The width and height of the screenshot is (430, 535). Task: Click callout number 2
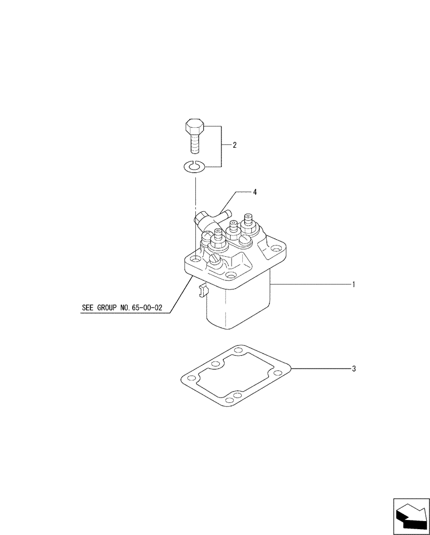234,145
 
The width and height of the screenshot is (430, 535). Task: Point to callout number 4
255,192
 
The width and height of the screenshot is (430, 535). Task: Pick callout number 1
354,284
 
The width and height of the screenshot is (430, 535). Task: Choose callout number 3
354,369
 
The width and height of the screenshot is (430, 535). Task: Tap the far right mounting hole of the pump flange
275,248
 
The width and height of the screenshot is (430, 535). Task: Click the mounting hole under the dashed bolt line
196,259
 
